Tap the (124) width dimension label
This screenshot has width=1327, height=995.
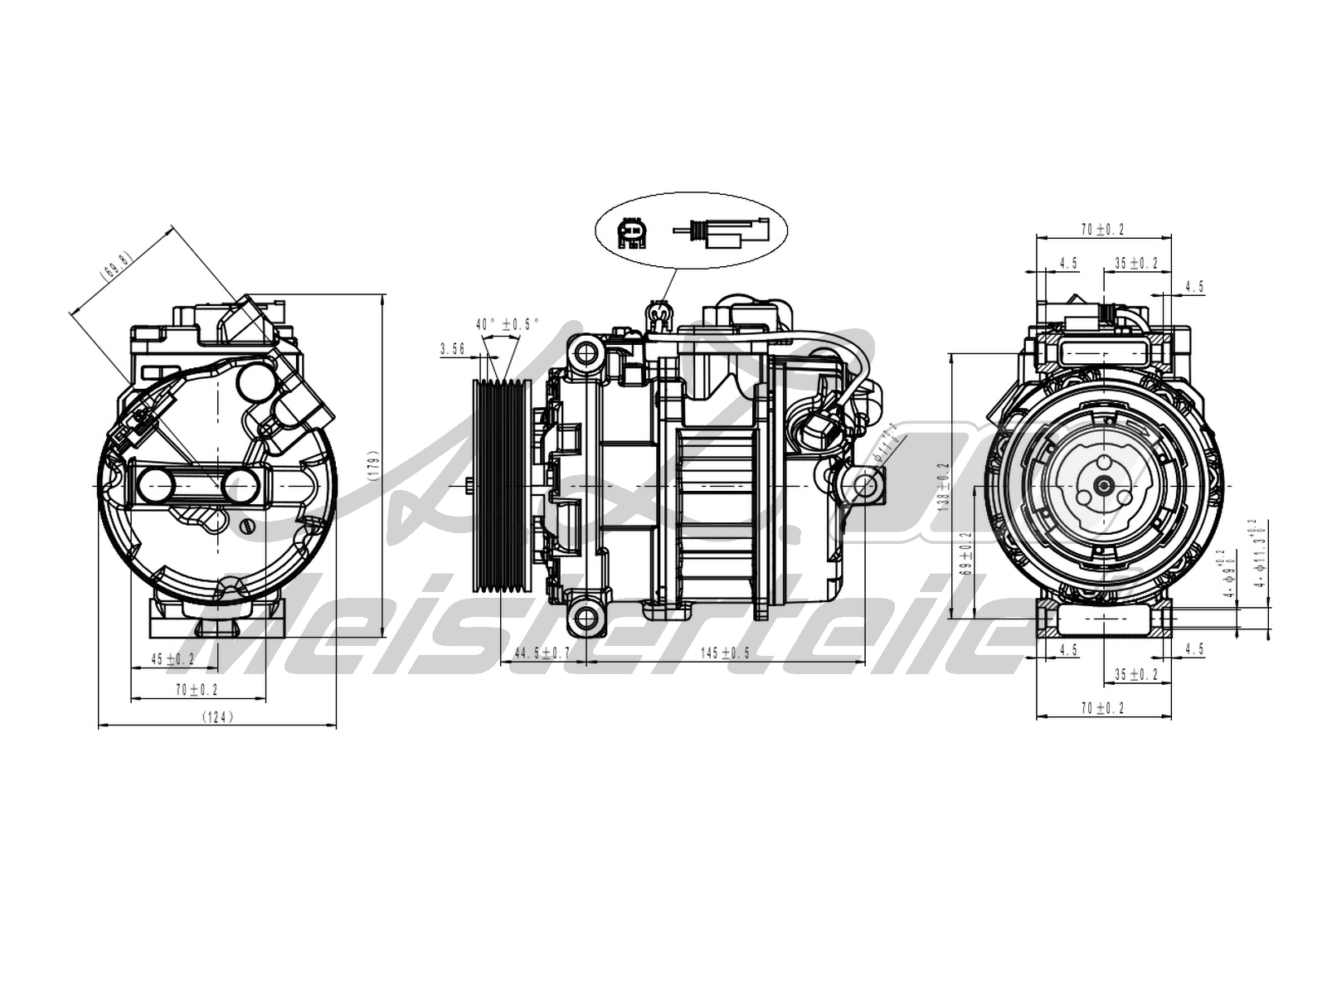[218, 717]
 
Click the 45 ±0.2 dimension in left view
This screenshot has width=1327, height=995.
[173, 659]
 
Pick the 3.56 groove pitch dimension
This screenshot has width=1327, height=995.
[452, 350]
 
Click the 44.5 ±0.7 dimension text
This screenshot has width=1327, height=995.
[542, 653]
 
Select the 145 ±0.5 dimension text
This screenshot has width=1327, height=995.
[724, 653]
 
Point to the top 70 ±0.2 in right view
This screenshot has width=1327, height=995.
[1103, 230]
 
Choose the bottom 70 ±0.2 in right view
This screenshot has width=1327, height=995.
[1103, 708]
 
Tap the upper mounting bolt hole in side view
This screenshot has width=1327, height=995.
[586, 352]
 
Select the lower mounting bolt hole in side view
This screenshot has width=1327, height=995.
[586, 616]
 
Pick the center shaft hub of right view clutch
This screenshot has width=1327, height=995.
[1103, 487]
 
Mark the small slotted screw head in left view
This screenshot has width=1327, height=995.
[245, 526]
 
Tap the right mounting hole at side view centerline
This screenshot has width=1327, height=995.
[865, 485]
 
